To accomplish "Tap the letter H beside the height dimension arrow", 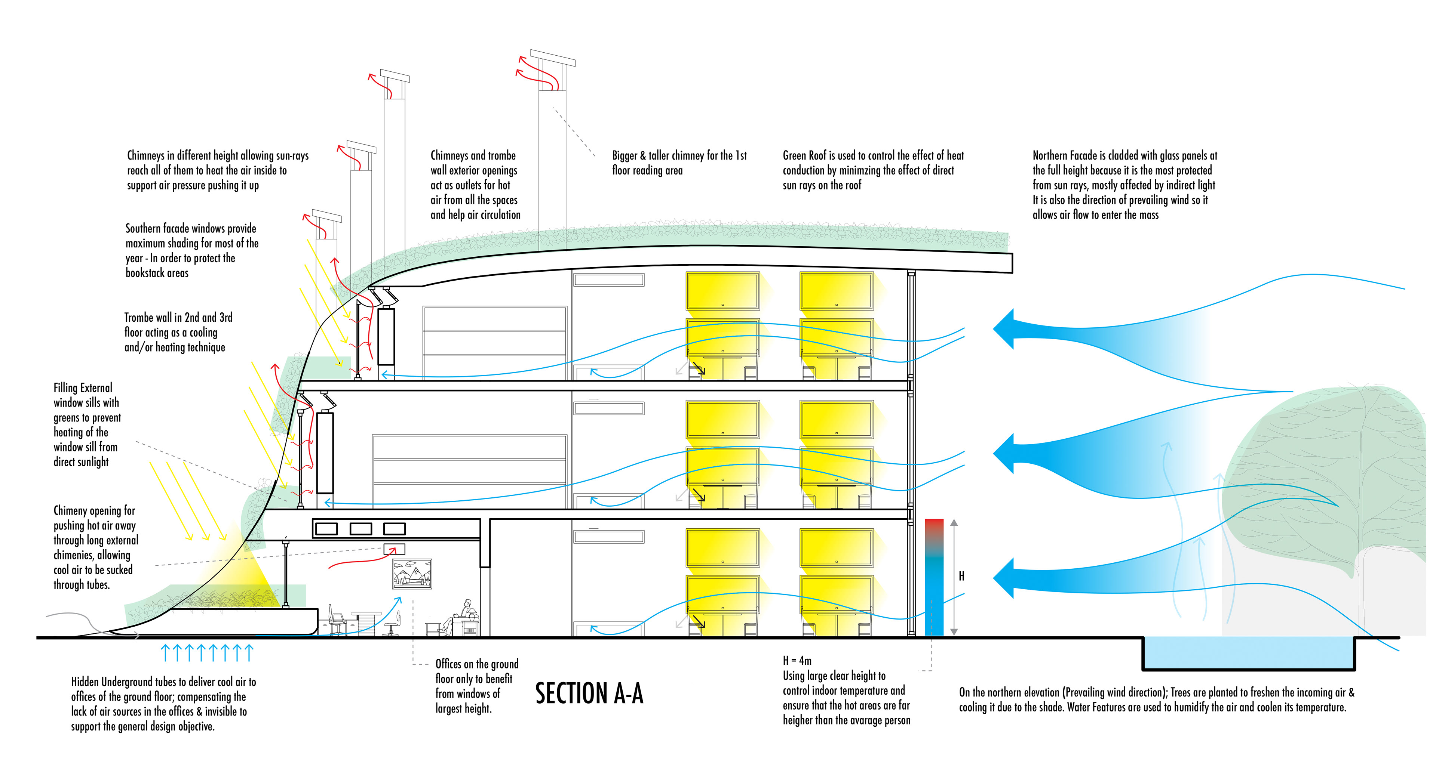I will [x=961, y=576].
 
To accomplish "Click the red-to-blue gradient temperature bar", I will [x=934, y=577].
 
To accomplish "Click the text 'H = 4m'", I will [x=797, y=661].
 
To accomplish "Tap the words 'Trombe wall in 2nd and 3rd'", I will [x=178, y=318].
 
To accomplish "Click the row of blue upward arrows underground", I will [x=207, y=652].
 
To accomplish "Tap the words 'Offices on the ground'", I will [x=477, y=664].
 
